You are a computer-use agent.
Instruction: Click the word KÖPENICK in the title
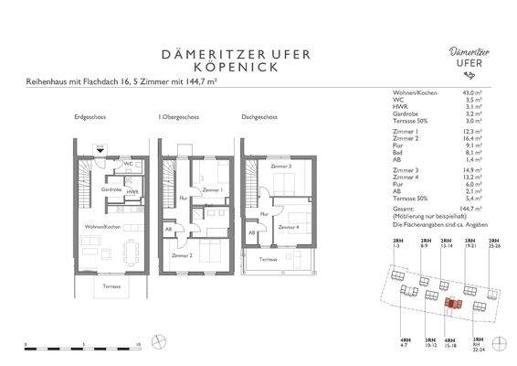point(258,68)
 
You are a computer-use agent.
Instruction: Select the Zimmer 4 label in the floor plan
point(289,226)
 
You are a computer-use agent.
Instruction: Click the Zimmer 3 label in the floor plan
point(282,167)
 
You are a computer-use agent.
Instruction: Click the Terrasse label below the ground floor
point(111,285)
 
